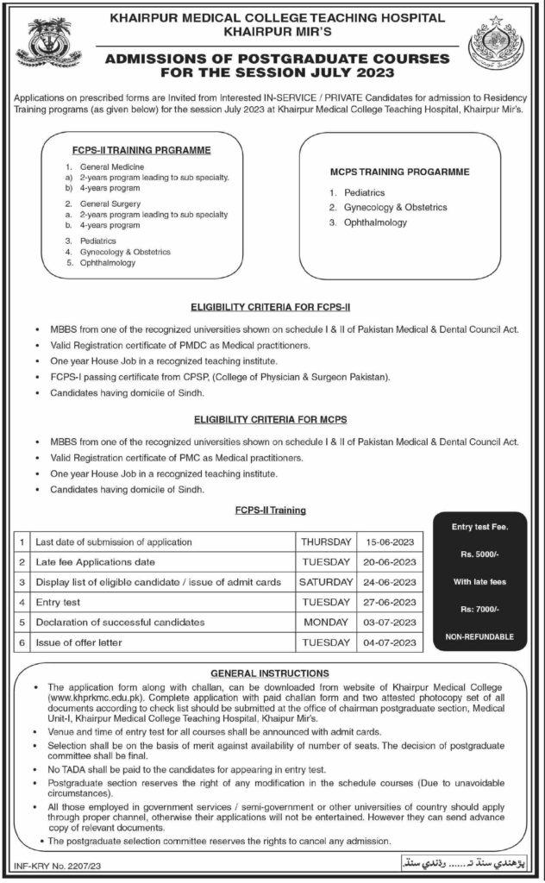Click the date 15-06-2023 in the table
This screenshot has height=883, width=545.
392,542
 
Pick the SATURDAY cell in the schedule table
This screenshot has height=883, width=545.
326,582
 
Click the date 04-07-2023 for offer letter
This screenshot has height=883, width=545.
392,642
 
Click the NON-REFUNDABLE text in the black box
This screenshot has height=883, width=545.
480,636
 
